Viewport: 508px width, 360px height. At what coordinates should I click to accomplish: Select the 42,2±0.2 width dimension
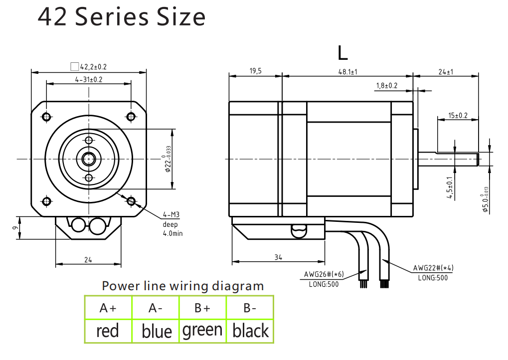point(93,66)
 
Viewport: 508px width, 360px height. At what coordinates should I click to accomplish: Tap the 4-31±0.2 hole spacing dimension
point(89,80)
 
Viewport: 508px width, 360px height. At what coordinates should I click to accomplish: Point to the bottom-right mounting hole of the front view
point(131,201)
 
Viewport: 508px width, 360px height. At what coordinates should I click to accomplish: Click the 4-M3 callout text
point(171,215)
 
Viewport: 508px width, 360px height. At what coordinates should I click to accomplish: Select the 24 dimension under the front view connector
point(88,260)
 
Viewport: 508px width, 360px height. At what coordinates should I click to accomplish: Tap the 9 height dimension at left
point(16,228)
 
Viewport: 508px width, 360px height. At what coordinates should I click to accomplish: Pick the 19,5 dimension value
point(255,72)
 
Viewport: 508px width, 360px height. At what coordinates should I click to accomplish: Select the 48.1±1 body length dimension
point(348,72)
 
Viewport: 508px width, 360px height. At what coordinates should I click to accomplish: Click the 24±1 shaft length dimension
point(446,72)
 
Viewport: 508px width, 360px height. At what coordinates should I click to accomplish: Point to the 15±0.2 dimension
point(458,116)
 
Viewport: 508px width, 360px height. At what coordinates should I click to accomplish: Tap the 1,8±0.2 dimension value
point(387,86)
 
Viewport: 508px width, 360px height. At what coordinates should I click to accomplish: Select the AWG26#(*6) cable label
point(324,274)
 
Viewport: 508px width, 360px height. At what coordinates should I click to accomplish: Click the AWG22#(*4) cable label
point(433,268)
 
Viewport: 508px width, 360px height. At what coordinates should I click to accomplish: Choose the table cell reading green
point(202,330)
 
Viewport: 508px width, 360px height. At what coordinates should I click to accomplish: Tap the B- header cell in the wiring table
point(250,308)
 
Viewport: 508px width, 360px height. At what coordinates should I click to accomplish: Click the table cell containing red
point(108,330)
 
